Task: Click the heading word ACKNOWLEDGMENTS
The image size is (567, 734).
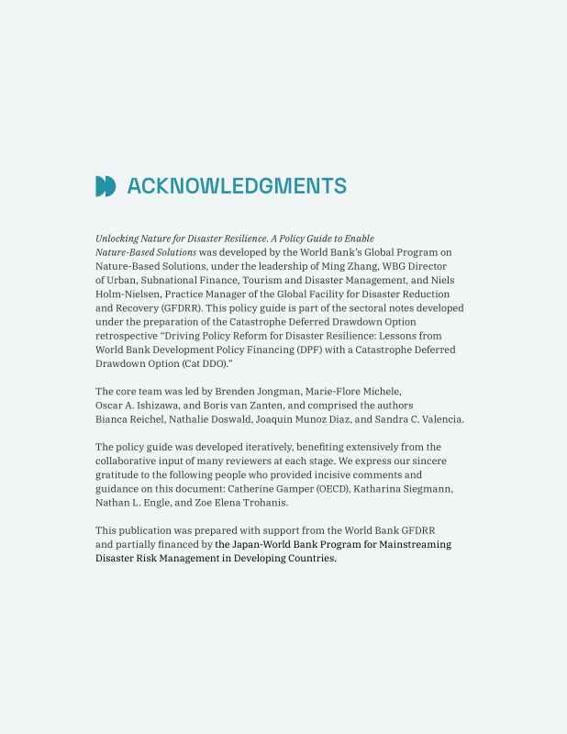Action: tap(237, 186)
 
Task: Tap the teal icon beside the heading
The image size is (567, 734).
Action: tap(106, 186)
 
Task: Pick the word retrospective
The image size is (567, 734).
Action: tap(127, 336)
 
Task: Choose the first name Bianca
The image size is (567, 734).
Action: tap(114, 419)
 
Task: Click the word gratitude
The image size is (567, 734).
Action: tap(118, 475)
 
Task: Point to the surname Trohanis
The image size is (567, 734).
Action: tap(264, 503)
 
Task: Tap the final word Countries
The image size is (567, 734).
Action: tap(309, 559)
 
